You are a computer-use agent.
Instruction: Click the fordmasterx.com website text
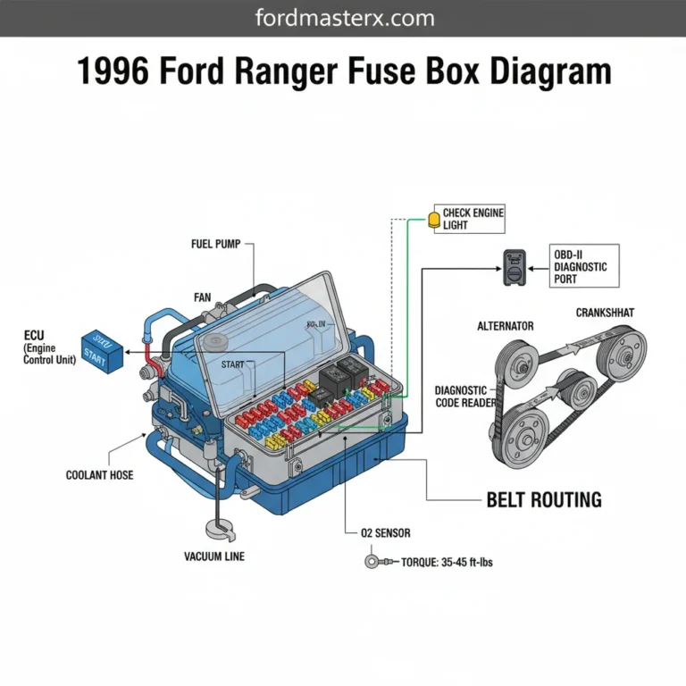coord(343,18)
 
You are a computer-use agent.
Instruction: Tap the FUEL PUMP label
coord(215,244)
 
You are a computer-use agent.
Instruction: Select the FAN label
coord(202,297)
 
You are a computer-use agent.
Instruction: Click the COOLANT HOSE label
coord(99,475)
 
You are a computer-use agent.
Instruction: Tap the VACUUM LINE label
coord(214,556)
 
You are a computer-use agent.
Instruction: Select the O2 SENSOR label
coord(386,533)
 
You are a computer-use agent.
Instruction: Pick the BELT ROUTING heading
coord(543,499)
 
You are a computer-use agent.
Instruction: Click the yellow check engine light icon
coord(435,217)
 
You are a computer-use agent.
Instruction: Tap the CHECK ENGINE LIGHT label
coord(473,219)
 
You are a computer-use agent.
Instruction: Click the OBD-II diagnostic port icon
coord(515,266)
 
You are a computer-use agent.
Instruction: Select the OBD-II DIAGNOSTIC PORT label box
coord(581,266)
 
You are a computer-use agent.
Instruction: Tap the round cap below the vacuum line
coord(219,530)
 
